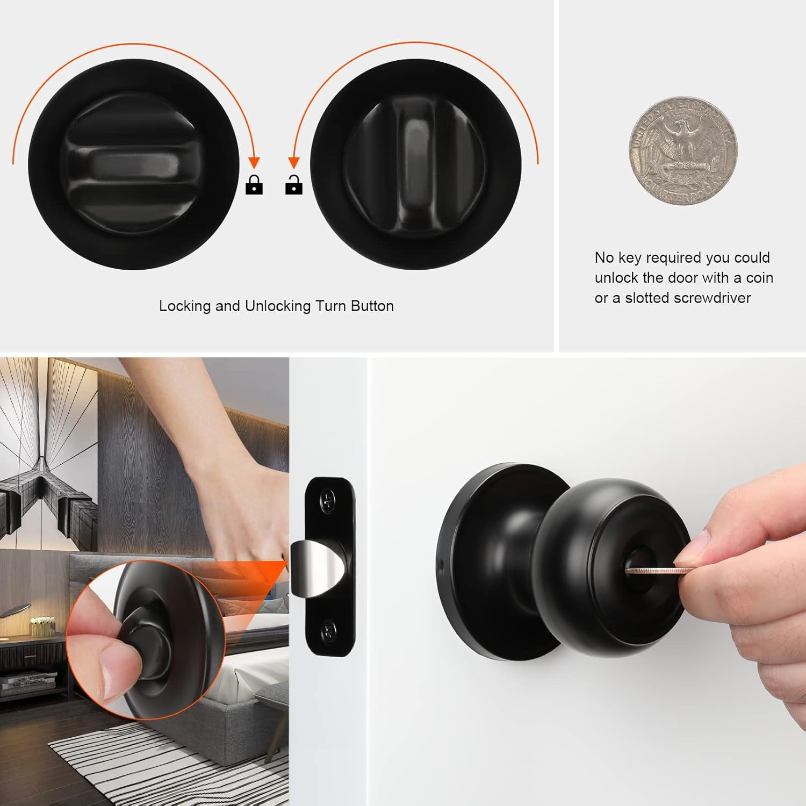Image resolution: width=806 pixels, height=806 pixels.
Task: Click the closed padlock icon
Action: pos(254,185)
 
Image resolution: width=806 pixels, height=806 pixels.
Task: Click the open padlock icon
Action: pos(293,185)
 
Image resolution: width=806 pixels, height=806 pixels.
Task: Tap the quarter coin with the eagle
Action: pos(683,151)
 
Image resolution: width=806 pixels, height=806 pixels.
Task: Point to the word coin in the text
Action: pos(759,278)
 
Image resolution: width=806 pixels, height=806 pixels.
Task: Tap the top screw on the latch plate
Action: pos(329,501)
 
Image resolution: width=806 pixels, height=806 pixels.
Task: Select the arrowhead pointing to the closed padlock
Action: pos(254,163)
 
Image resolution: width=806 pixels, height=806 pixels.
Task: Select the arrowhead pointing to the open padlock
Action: pos(293,163)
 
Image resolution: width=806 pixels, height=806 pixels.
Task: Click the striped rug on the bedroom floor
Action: pos(161,763)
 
